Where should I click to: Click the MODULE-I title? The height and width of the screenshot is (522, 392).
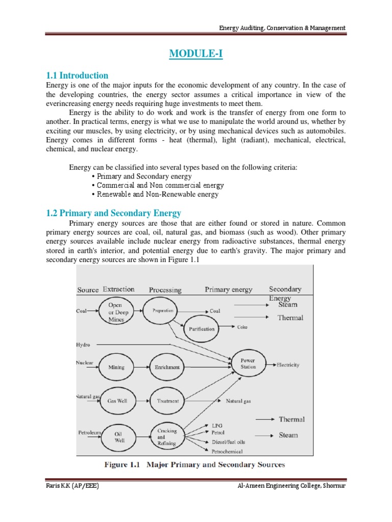coord(196,54)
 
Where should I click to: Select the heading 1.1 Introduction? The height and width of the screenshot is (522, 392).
coord(77,75)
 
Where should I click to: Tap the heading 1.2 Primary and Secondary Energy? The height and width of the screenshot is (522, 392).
coord(113,213)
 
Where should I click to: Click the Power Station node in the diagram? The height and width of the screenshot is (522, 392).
coord(248,363)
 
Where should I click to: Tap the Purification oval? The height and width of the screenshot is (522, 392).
coord(202,329)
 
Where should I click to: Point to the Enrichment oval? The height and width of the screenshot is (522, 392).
coord(167,367)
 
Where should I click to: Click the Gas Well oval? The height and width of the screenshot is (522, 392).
coord(117,401)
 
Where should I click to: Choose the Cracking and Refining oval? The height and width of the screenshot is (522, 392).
coord(166,437)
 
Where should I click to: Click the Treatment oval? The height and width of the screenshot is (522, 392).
coord(167,401)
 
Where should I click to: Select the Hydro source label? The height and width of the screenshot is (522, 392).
coord(83,345)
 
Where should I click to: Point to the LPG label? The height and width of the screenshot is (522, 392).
coord(217,425)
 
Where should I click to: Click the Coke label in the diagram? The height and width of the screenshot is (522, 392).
coord(242,327)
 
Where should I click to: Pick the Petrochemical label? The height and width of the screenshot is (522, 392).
coord(227,451)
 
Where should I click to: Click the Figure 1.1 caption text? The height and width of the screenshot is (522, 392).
coord(194,464)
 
